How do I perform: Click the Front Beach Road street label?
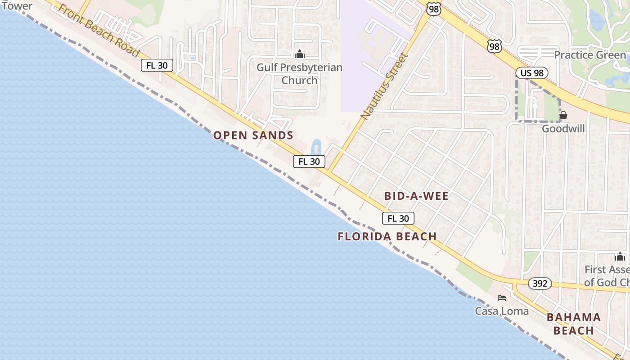[x=98, y=31]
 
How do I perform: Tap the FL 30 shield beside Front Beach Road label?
[x=157, y=65]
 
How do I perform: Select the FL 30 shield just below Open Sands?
[x=309, y=161]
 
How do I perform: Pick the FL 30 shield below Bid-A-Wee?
[x=398, y=218]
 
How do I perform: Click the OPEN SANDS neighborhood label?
[x=253, y=135]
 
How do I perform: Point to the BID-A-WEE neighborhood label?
[x=416, y=196]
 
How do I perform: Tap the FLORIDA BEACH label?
[x=387, y=236]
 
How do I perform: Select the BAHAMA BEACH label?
[x=574, y=324]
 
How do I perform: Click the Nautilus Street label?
[x=384, y=86]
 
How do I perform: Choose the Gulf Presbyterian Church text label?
[x=299, y=74]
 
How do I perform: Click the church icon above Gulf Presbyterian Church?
[x=299, y=54]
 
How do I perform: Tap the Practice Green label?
[x=589, y=55]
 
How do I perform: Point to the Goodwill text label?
[x=563, y=129]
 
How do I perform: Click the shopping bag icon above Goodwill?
[x=563, y=115]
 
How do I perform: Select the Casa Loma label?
[x=502, y=311]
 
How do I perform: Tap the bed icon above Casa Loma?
[x=502, y=297]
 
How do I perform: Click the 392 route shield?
[x=540, y=283]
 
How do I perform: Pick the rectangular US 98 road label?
[x=532, y=73]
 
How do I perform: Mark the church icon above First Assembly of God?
[x=620, y=257]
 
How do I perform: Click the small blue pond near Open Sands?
[x=316, y=147]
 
